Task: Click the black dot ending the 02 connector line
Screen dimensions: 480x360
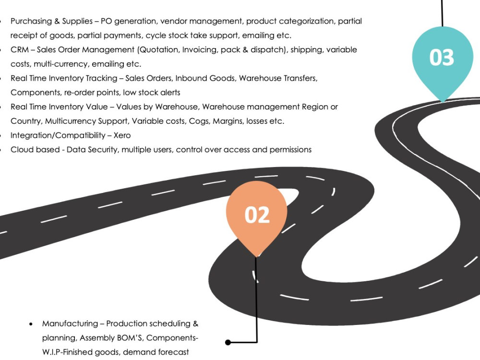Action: pyautogui.click(x=228, y=342)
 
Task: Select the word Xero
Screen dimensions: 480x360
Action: pyautogui.click(x=122, y=135)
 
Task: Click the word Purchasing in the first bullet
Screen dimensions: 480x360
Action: pyautogui.click(x=31, y=22)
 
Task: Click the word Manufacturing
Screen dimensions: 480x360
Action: pyautogui.click(x=70, y=324)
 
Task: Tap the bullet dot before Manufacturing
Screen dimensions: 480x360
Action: pyautogui.click(x=31, y=324)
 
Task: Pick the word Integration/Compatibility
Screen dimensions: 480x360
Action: pyautogui.click(x=58, y=136)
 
